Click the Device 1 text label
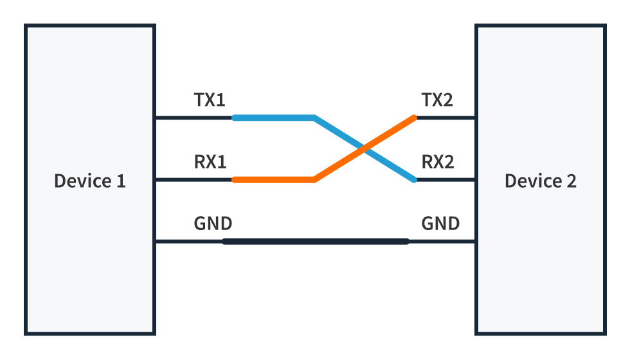pyautogui.click(x=90, y=181)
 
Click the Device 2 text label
pyautogui.click(x=540, y=181)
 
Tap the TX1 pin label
pyautogui.click(x=210, y=100)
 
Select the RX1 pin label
pyautogui.click(x=210, y=162)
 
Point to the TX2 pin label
pyautogui.click(x=437, y=100)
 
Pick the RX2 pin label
pyautogui.click(x=437, y=162)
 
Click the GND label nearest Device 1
pyautogui.click(x=213, y=224)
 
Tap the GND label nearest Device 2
pyautogui.click(x=440, y=224)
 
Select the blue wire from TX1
pyautogui.click(x=273, y=118)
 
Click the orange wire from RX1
pyautogui.click(x=273, y=180)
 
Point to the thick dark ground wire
pyautogui.click(x=315, y=242)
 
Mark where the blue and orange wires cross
pyautogui.click(x=364, y=149)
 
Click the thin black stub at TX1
pyautogui.click(x=193, y=118)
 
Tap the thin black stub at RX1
pyautogui.click(x=193, y=180)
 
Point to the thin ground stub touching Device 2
pyautogui.click(x=442, y=242)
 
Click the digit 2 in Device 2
pyautogui.click(x=571, y=181)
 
